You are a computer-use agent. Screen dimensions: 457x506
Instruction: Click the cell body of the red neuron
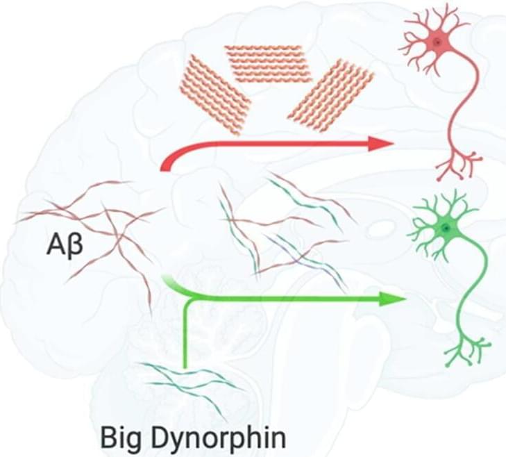[x=437, y=43]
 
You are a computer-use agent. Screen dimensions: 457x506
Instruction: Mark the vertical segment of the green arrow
[x=185, y=337]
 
